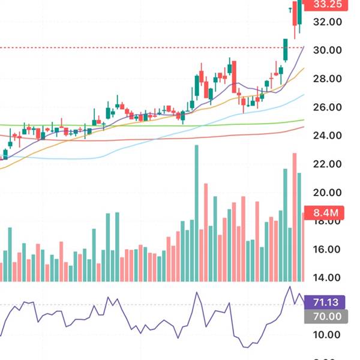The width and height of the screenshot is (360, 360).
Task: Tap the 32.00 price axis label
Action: [327, 22]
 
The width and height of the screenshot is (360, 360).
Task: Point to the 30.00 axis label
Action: [327, 50]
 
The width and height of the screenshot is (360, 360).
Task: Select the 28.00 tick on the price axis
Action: [327, 79]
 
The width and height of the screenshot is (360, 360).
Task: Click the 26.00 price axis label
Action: [327, 107]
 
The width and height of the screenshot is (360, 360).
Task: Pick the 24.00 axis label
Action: [327, 136]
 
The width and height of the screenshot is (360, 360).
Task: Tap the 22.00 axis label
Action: [327, 164]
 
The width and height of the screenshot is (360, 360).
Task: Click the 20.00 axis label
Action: [327, 193]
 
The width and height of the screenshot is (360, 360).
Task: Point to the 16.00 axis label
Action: [327, 250]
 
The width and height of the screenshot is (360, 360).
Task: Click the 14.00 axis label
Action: [327, 278]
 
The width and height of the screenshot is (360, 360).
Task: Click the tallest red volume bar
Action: [295, 216]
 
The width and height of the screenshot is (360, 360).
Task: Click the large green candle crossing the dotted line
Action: [286, 50]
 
